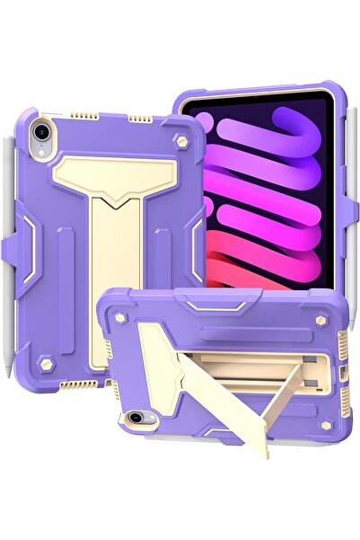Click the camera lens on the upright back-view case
click(x=40, y=131)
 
